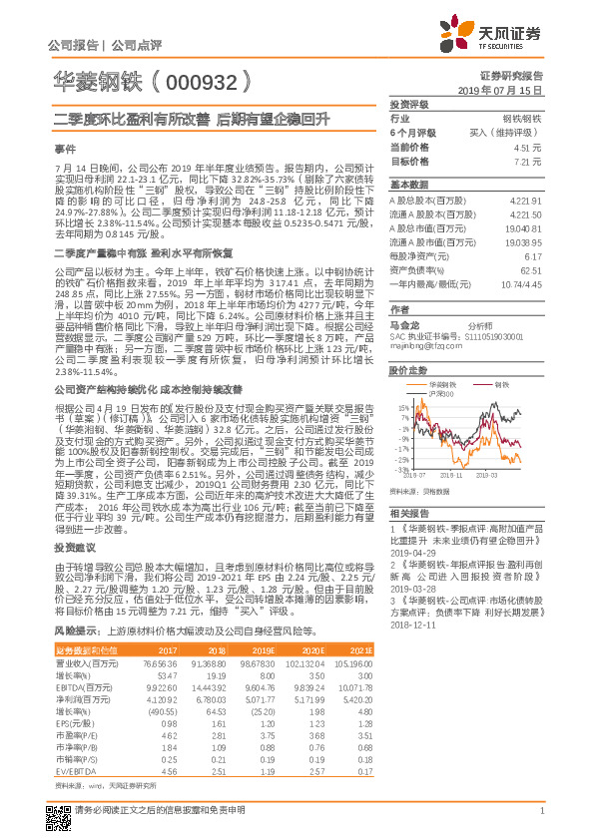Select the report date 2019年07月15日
pos(509,90)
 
